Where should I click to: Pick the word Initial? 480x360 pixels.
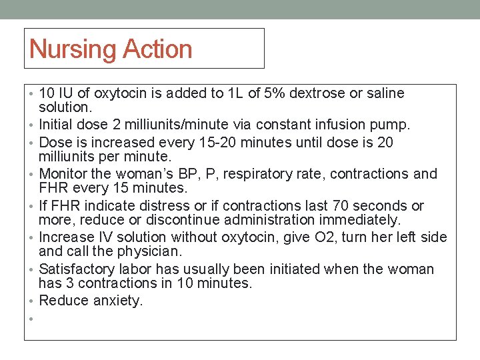[60, 125]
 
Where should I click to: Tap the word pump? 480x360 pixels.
[395, 125]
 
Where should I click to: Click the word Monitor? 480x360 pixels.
[66, 175]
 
